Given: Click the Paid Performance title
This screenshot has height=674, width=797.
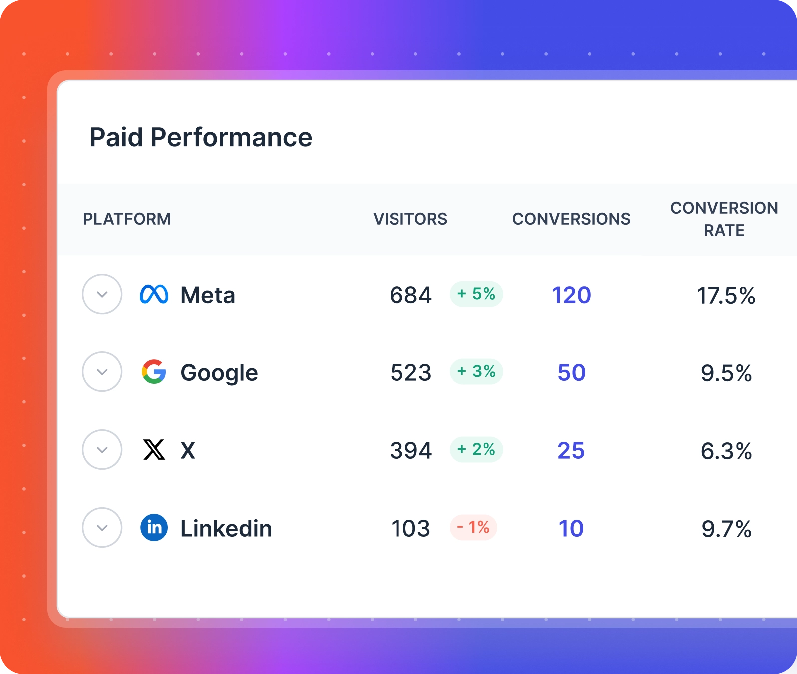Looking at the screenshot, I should pyautogui.click(x=201, y=137).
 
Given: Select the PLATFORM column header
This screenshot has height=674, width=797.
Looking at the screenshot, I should pyautogui.click(x=127, y=219).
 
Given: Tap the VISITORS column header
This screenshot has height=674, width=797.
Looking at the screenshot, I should pyautogui.click(x=410, y=219).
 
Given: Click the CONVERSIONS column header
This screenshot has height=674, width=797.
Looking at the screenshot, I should pyautogui.click(x=571, y=219).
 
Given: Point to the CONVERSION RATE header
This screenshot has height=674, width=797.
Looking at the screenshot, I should pyautogui.click(x=724, y=219).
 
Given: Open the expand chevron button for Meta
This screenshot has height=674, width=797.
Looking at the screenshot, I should pyautogui.click(x=102, y=294).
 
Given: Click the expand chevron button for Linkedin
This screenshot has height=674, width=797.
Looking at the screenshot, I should pyautogui.click(x=102, y=528).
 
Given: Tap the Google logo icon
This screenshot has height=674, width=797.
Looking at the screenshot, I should pyautogui.click(x=154, y=372).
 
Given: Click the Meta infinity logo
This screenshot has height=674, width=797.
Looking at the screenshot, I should pyautogui.click(x=154, y=294).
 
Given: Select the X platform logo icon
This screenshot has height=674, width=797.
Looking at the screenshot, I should pyautogui.click(x=154, y=450).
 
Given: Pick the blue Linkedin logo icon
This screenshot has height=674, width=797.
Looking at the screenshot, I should pyautogui.click(x=154, y=528).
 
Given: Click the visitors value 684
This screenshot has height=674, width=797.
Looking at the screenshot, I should pyautogui.click(x=410, y=295).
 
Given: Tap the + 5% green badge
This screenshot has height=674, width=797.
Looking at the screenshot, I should pyautogui.click(x=476, y=294).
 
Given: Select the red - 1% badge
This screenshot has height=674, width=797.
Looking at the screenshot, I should pyautogui.click(x=473, y=527).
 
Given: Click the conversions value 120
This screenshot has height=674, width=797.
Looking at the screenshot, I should pyautogui.click(x=571, y=295).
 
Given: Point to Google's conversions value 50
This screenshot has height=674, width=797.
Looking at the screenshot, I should pyautogui.click(x=571, y=372).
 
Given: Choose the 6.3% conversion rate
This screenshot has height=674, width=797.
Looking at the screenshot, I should pyautogui.click(x=726, y=451).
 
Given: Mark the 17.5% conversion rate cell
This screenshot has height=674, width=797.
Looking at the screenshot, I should pyautogui.click(x=726, y=295).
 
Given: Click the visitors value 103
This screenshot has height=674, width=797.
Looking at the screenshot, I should pyautogui.click(x=410, y=528).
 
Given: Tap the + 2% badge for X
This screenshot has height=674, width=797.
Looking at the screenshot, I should pyautogui.click(x=476, y=449).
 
